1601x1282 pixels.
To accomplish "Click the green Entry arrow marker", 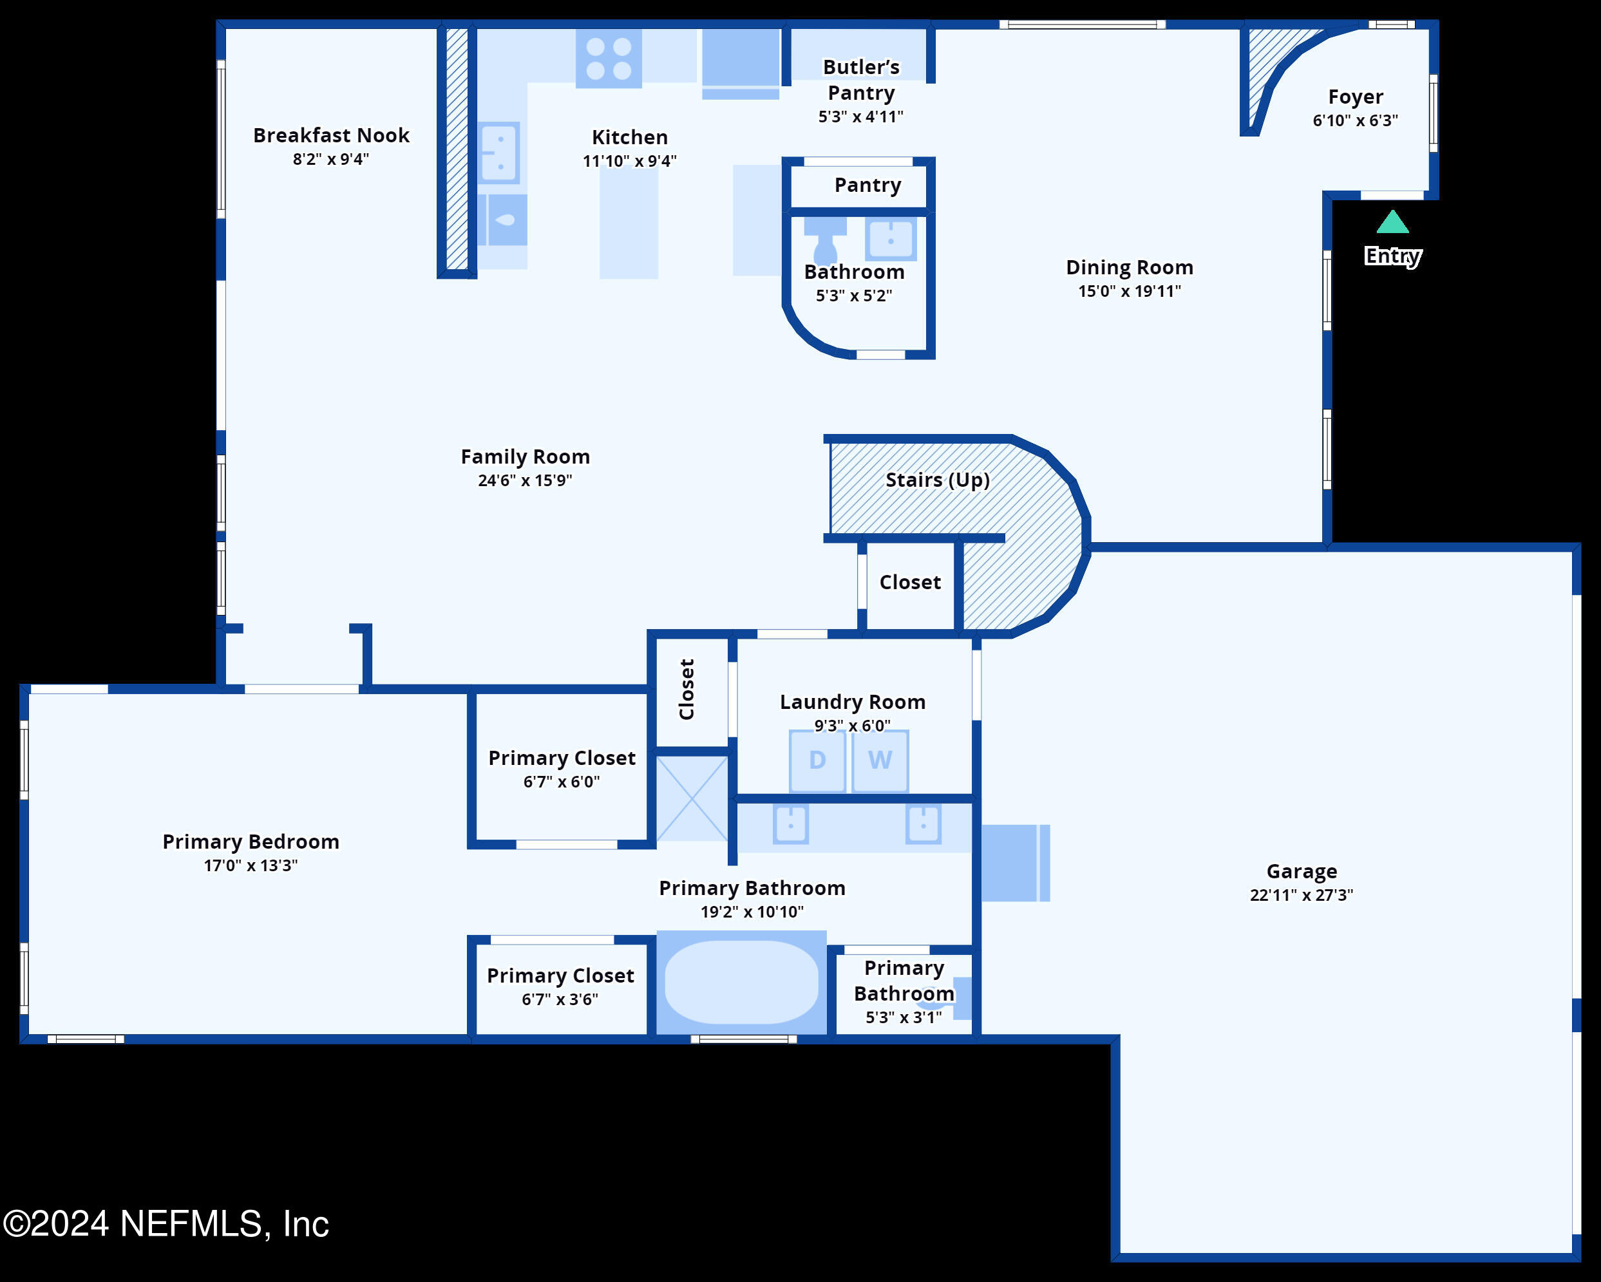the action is point(1392,222).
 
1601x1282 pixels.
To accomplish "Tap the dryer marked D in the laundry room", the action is point(817,761).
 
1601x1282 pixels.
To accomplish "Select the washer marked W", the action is point(880,761).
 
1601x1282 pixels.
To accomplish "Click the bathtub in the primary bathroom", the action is point(741,982).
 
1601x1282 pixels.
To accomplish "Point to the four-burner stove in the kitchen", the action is point(609,58).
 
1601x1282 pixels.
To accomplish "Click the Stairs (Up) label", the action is point(937,480).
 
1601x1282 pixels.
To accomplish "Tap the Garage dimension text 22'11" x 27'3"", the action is point(1301,894).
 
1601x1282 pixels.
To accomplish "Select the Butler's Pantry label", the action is point(862,79).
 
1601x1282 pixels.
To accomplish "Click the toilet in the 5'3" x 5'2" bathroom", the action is point(825,239).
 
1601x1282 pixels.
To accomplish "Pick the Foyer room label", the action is point(1355,97).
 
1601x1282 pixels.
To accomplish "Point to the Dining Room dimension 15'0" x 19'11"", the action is point(1130,291).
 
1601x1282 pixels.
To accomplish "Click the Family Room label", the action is point(525,457).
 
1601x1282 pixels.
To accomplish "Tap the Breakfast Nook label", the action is point(331,135).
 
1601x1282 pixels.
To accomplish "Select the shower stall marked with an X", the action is point(692,798).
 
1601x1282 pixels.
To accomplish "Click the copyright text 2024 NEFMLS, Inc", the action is point(166,1224).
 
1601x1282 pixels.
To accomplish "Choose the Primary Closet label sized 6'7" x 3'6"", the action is point(561,976).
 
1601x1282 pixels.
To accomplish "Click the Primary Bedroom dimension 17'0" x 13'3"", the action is point(251,865).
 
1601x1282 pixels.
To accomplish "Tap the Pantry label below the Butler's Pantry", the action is point(867,185).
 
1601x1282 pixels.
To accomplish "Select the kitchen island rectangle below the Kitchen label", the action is point(629,222).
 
